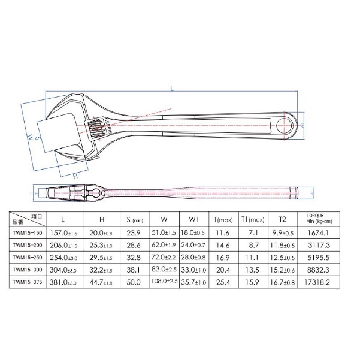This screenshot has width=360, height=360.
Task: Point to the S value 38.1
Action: coord(134,269)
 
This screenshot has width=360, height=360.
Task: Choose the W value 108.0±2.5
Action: coord(165,280)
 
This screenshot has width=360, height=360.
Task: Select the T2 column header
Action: coord(282,220)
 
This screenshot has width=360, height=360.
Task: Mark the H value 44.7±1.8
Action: coord(99,280)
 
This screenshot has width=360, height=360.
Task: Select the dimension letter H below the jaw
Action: coord(75,177)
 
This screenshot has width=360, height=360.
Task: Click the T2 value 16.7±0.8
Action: coord(282,280)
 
